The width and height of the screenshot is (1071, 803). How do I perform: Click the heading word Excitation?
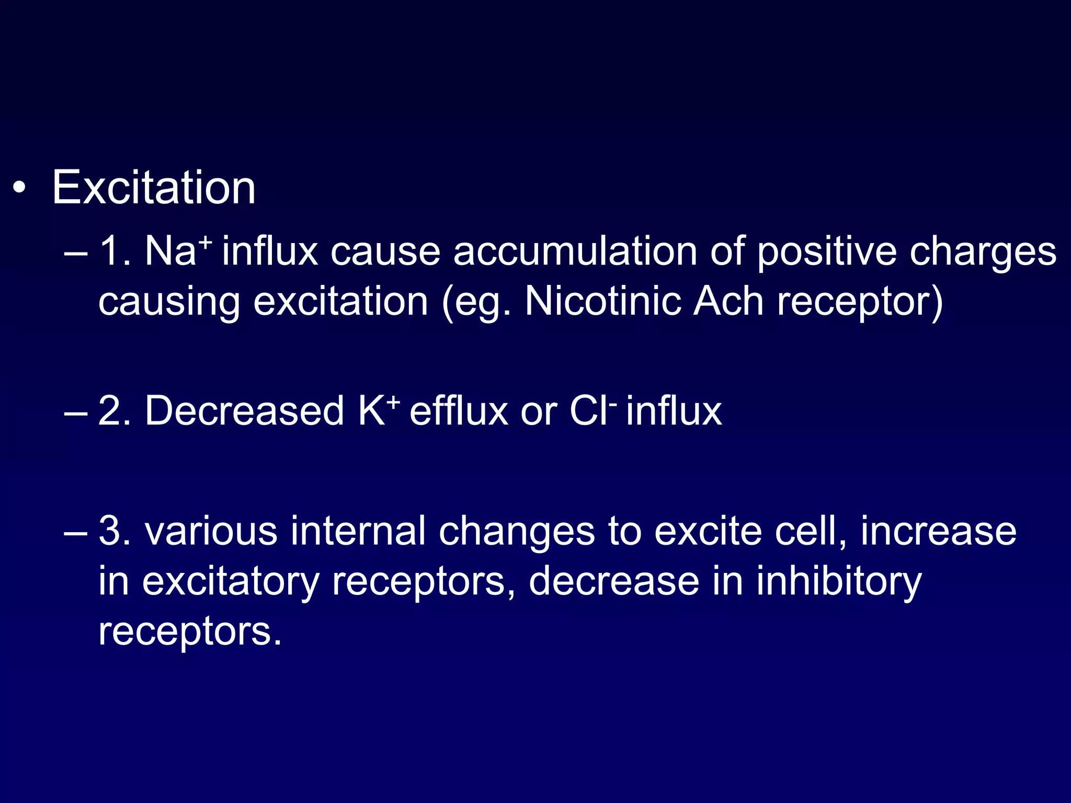(x=154, y=188)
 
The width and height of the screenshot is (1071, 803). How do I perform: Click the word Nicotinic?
(x=602, y=302)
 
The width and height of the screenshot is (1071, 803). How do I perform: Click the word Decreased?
(x=244, y=411)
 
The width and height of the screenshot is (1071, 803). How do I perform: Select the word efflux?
(x=458, y=411)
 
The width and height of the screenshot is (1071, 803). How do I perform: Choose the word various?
(x=211, y=532)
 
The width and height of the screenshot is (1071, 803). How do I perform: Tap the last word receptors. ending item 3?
(x=190, y=632)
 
